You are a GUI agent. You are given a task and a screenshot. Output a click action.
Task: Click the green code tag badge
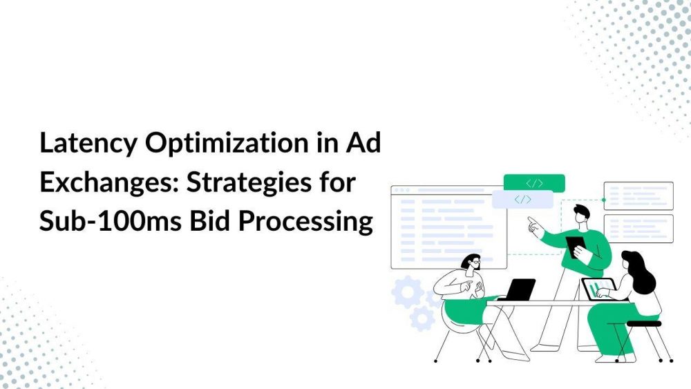[x=533, y=183]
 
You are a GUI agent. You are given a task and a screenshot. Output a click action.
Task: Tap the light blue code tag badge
[x=522, y=200]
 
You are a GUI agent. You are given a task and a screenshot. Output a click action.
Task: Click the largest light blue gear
[x=408, y=293]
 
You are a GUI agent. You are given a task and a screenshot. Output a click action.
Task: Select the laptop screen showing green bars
[x=596, y=287]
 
